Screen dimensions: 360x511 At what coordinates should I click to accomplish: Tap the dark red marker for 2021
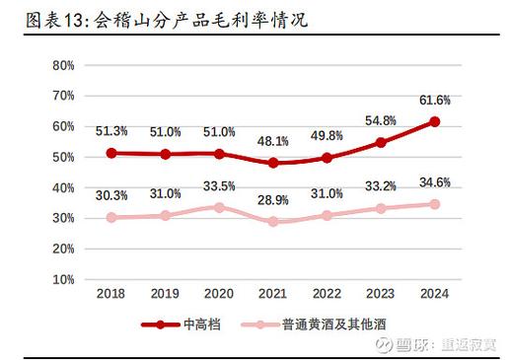(x=272, y=163)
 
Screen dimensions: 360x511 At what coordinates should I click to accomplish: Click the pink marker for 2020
(x=219, y=207)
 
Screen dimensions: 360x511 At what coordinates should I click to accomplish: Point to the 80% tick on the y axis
(x=63, y=65)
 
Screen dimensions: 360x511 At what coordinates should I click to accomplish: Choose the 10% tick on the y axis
(x=63, y=279)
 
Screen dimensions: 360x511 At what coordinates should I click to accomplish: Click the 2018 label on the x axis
(x=111, y=294)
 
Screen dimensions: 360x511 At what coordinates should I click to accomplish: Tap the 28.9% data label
(x=272, y=201)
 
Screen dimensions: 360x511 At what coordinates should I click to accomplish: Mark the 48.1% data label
(x=272, y=142)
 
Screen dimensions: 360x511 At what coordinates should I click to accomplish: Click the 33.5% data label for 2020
(x=219, y=186)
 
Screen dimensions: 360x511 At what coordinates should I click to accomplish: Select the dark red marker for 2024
(x=434, y=121)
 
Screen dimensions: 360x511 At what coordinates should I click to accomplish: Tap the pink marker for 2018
(x=111, y=217)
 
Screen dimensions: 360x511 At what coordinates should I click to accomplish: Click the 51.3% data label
(x=111, y=131)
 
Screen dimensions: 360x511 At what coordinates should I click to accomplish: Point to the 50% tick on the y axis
(x=63, y=157)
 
